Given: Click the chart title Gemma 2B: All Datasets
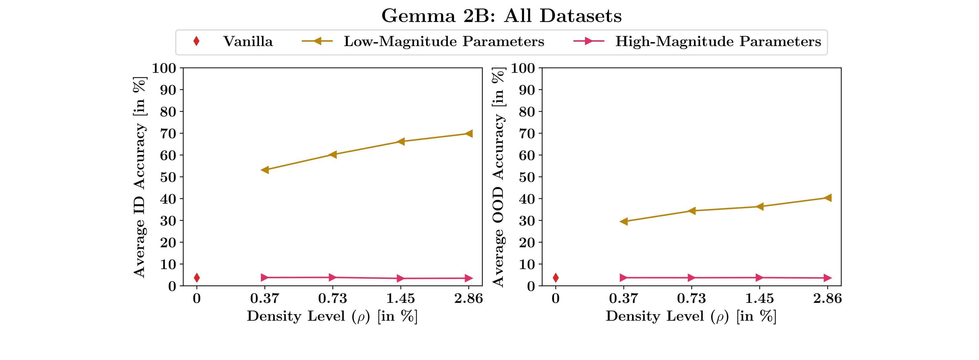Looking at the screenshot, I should tap(501, 16).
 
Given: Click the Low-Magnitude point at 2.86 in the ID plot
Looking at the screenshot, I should tap(469, 133).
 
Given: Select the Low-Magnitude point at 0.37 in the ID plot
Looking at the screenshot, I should tap(265, 170).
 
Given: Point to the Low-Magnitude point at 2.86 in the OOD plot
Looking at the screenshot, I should tap(827, 198).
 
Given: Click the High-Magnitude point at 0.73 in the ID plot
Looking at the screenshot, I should tap(333, 277).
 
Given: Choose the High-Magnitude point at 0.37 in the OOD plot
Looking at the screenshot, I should tap(624, 277).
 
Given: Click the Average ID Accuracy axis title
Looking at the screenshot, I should tap(139, 177).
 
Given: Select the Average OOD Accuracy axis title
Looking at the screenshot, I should tap(498, 177).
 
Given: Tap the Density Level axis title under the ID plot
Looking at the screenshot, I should tap(332, 316).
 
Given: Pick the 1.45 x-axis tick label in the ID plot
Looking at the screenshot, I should tap(400, 299).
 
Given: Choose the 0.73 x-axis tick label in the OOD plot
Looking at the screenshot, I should tap(691, 299).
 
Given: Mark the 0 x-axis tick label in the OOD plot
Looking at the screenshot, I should tap(556, 299).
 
